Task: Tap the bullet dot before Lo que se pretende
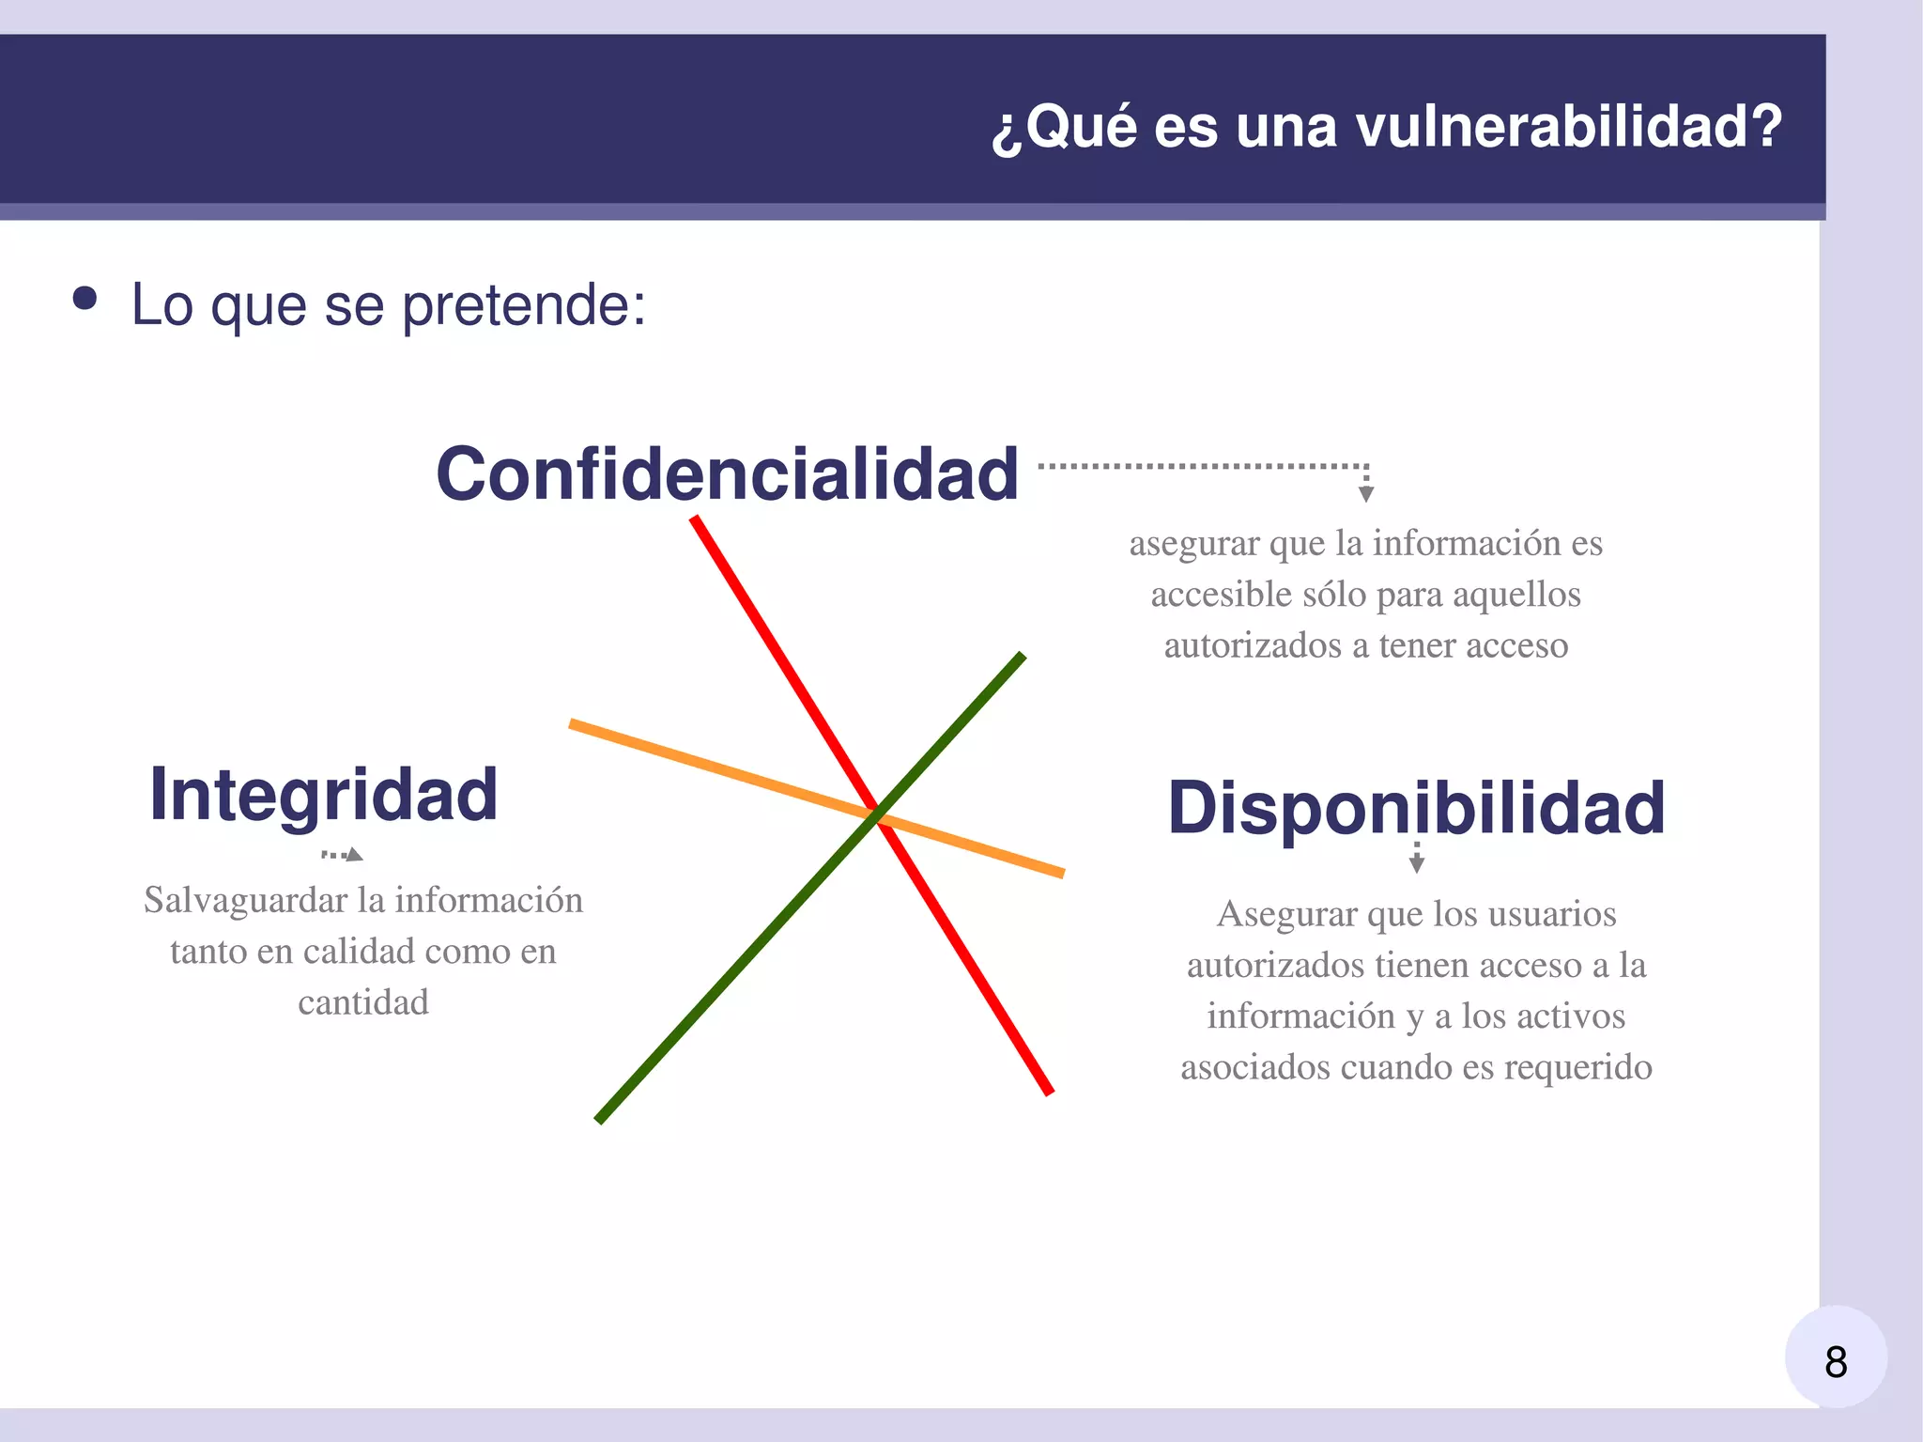[x=85, y=299]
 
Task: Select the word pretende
[x=524, y=306]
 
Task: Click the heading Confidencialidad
[x=727, y=473]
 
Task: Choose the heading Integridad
[x=323, y=795]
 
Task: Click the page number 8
[x=1836, y=1361]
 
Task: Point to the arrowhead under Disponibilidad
[x=1417, y=865]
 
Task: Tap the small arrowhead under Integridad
[x=354, y=855]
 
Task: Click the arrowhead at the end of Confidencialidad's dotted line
[x=1366, y=494]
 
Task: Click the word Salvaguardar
[x=245, y=900]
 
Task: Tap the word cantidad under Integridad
[x=363, y=1002]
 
